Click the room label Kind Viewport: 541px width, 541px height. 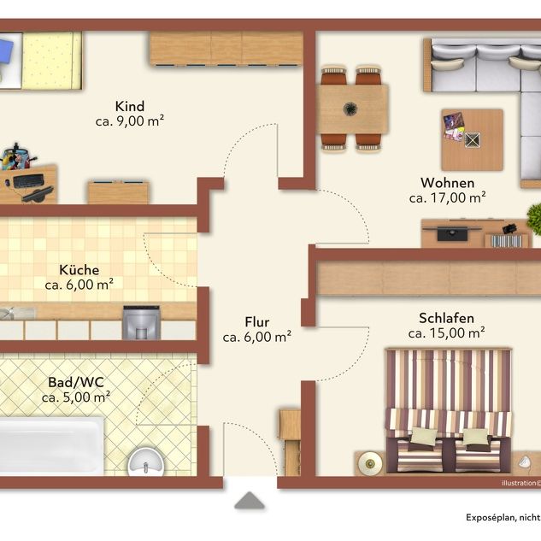pos(130,106)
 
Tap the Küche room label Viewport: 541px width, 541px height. pos(79,270)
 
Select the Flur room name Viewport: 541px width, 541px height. pos(256,321)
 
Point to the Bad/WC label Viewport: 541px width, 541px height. pos(76,381)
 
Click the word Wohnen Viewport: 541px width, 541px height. pos(447,183)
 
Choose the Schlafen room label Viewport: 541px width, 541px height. pos(446,317)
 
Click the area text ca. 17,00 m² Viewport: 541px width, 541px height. pos(447,197)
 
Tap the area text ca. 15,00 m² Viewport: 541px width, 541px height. pos(446,332)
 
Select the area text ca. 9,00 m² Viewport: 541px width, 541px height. pos(130,121)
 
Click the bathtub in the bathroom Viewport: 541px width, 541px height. pos(51,444)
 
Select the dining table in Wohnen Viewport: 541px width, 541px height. pos(352,109)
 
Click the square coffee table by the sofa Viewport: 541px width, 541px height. pos(472,138)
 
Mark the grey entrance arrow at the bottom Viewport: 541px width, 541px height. pos(250,501)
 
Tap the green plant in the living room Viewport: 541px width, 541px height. pos(535,218)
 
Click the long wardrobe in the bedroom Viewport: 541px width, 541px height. pos(427,279)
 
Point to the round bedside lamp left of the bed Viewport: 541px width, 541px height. pos(369,462)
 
